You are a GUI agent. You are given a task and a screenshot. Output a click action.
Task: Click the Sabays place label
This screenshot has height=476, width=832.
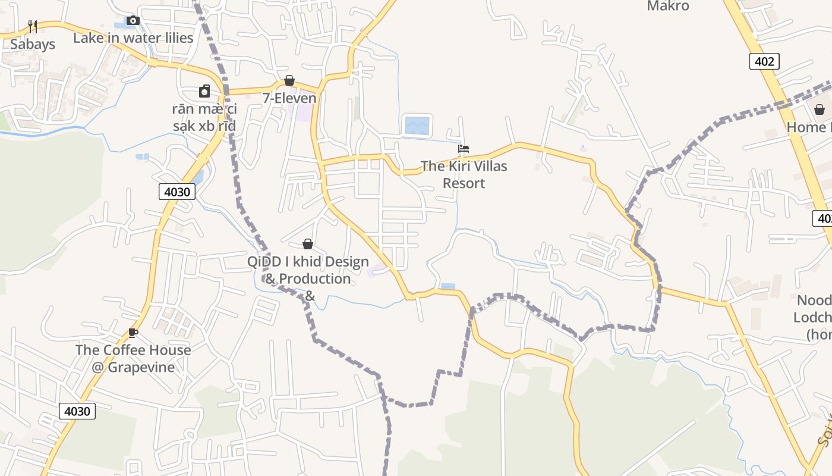tap(33, 44)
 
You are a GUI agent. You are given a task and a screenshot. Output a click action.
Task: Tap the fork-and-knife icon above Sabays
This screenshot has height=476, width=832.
tap(33, 26)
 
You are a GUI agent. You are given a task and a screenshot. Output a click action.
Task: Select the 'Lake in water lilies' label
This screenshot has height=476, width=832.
tap(133, 38)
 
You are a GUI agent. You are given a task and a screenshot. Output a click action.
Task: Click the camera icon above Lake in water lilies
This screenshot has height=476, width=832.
tap(133, 21)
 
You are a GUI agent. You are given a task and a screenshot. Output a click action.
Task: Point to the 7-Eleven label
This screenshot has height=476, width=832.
tap(289, 98)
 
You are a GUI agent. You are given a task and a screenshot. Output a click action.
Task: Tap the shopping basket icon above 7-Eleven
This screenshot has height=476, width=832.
tap(289, 80)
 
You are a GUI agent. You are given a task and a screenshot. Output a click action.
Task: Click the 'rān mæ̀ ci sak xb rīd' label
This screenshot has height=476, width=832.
tap(204, 117)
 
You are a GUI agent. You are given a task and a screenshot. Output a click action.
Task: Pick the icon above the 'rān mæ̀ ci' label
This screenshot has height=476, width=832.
tap(204, 91)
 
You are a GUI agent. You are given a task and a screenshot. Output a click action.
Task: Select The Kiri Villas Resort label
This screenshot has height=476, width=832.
tap(464, 174)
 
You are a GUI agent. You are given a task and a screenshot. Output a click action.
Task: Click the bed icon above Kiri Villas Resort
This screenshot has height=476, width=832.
tap(464, 148)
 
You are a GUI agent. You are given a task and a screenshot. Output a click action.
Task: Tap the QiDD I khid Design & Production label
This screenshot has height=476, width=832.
tap(308, 278)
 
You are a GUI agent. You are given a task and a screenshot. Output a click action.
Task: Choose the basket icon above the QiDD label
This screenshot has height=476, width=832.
tap(308, 244)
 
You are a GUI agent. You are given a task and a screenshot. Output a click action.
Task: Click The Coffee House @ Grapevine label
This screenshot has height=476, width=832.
tap(133, 358)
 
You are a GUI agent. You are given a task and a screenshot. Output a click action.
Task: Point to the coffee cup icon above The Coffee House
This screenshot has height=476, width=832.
tap(133, 333)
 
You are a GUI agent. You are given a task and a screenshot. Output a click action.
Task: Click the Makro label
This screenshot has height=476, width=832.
tap(668, 7)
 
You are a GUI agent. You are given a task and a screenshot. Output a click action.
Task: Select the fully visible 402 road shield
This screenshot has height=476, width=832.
tap(764, 61)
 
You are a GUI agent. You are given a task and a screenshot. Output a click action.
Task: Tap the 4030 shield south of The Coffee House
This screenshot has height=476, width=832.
tap(77, 411)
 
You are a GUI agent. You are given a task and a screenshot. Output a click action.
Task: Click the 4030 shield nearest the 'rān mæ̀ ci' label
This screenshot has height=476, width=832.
tap(177, 192)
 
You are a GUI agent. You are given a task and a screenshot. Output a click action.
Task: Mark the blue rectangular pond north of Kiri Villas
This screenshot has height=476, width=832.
tap(417, 126)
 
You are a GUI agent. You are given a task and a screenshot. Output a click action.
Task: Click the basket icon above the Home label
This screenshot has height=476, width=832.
tap(820, 109)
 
